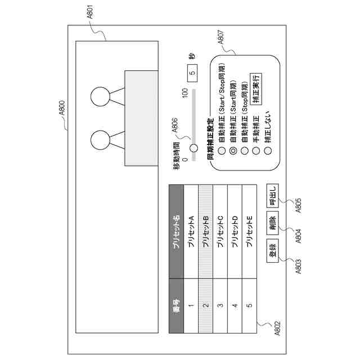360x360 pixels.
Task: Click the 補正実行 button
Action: (256, 87)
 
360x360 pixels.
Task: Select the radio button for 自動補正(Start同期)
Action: (231, 150)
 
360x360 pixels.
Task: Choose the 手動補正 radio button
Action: (256, 150)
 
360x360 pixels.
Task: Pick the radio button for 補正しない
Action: (268, 150)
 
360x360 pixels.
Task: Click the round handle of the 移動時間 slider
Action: (194, 148)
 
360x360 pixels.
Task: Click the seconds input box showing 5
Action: (192, 72)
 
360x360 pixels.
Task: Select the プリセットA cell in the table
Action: (191, 231)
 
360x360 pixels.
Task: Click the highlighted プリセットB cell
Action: (206, 231)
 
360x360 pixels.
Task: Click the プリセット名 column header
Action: (176, 231)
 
